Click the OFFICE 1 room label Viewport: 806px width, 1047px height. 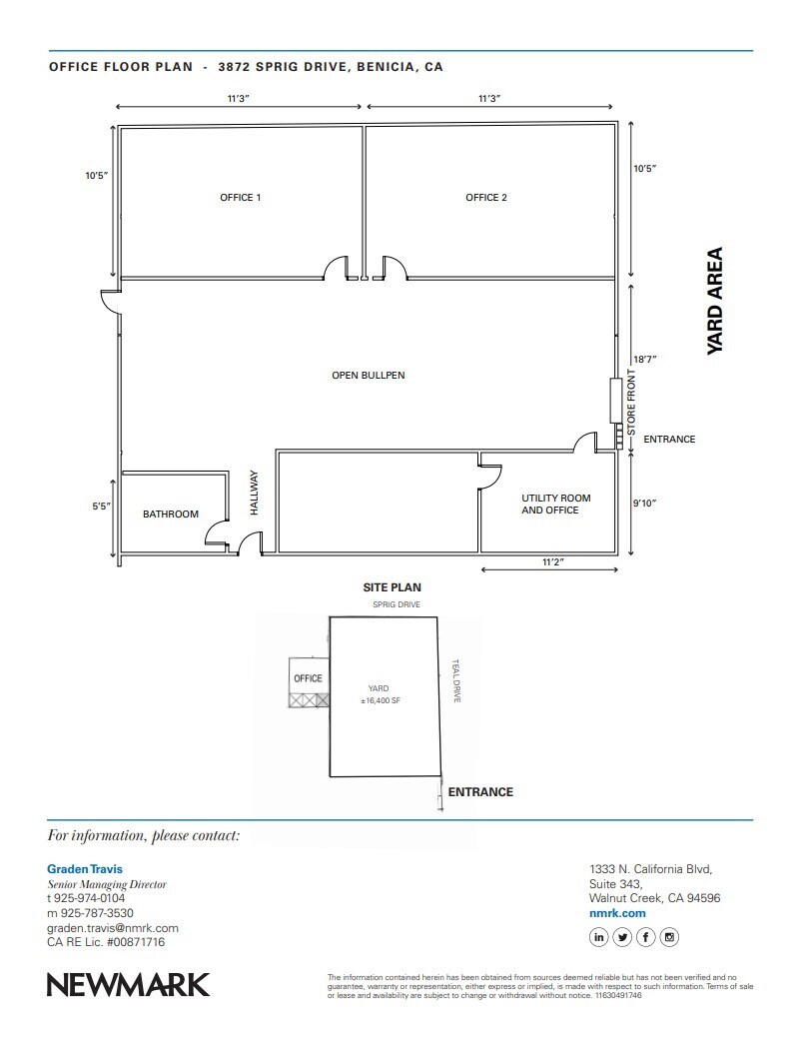click(241, 198)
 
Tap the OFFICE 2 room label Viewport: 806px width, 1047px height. click(486, 198)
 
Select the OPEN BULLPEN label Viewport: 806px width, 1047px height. click(369, 376)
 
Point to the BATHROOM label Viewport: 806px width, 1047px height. click(171, 515)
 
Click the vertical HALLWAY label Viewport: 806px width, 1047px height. click(254, 493)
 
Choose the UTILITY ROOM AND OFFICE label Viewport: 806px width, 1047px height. click(555, 504)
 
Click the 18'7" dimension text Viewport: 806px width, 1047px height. click(644, 359)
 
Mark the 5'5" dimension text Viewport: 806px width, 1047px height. click(101, 507)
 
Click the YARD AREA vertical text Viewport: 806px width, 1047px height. click(714, 301)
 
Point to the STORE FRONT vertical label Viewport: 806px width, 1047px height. click(631, 402)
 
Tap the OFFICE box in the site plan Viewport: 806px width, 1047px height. click(308, 678)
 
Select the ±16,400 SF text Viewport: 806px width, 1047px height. click(381, 701)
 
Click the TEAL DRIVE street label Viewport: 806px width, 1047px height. click(455, 681)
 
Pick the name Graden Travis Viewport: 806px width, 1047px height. click(85, 869)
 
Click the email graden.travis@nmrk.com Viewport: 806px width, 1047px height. click(113, 928)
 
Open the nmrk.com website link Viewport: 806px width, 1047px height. click(618, 913)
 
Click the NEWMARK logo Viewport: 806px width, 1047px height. click(129, 984)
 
